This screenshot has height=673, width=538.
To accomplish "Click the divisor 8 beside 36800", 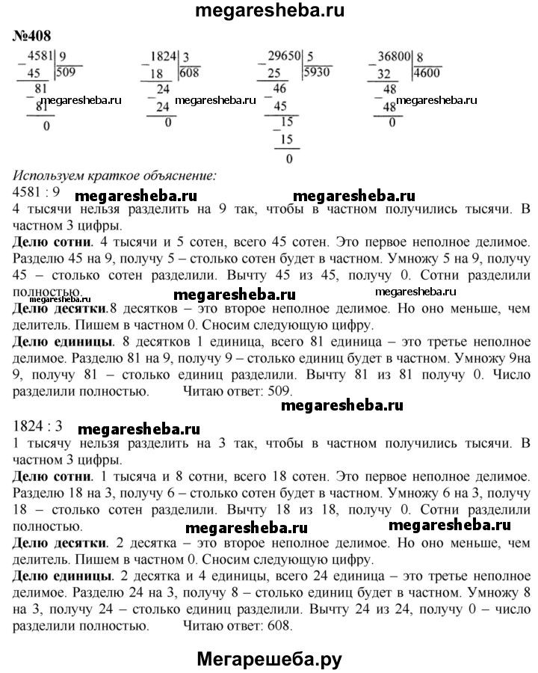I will tap(420, 55).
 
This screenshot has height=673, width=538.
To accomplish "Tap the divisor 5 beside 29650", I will tap(309, 55).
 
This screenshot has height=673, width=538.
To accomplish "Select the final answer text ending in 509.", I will tap(238, 390).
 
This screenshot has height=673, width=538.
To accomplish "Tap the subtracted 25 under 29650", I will tap(276, 73).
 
